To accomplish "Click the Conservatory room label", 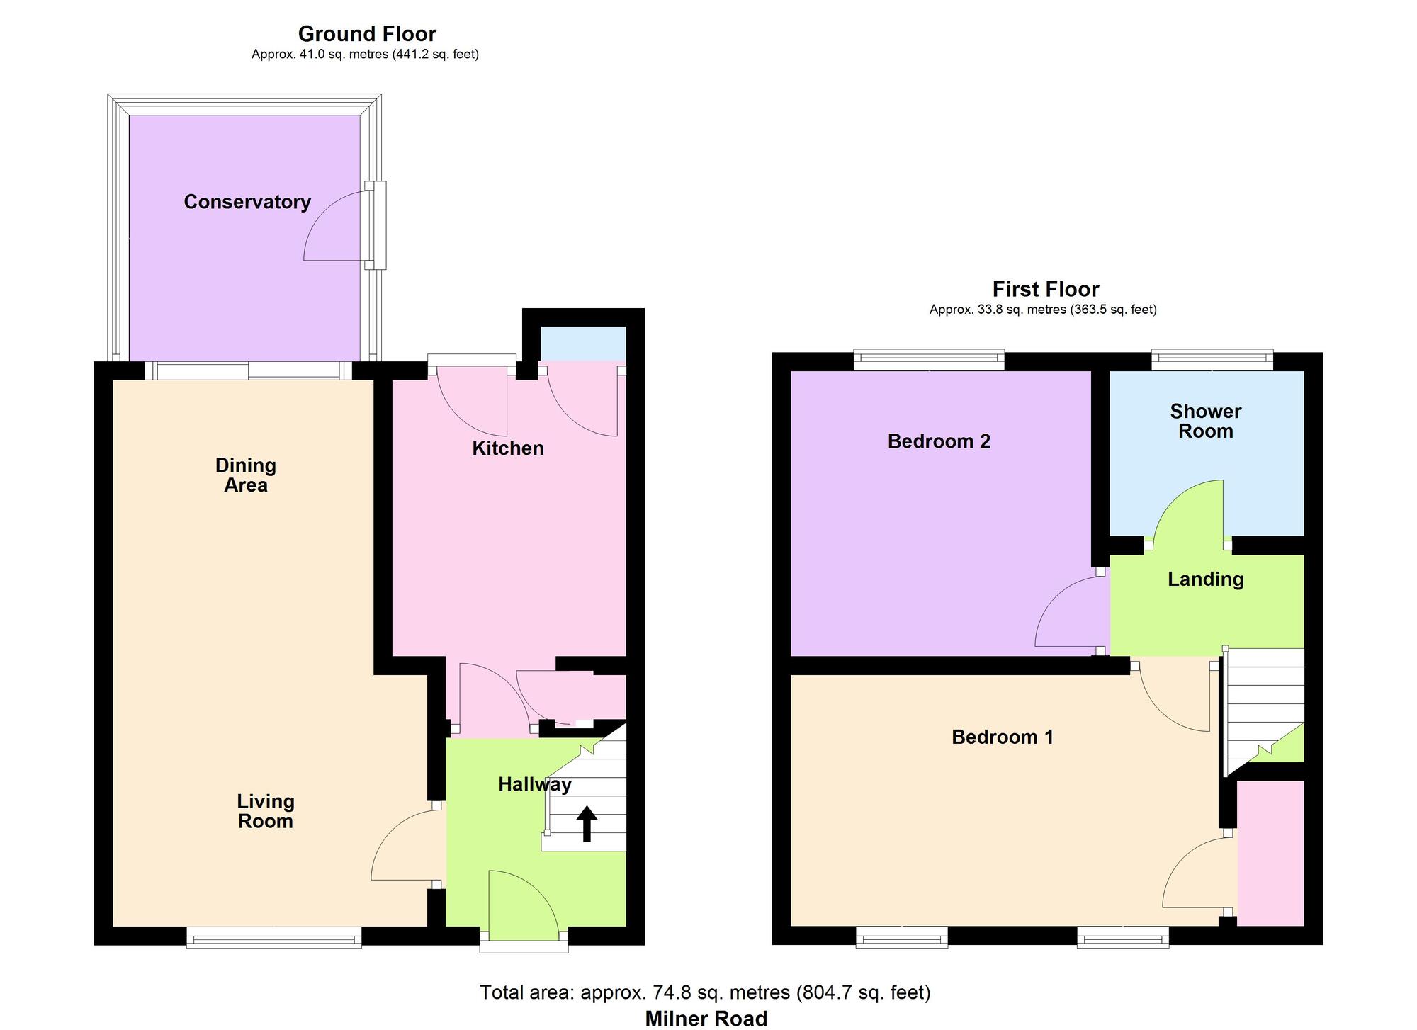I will (247, 203).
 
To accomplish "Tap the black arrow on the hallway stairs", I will (586, 825).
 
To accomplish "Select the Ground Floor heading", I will (366, 34).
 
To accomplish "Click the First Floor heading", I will (1045, 289).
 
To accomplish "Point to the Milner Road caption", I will (706, 1019).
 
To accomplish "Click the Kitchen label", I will (508, 448).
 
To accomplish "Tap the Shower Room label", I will (1205, 421).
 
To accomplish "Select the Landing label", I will (1205, 579).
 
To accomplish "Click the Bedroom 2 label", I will (939, 442).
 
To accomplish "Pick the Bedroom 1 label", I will (1002, 737).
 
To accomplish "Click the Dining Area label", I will (245, 475).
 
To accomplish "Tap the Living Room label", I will (265, 811).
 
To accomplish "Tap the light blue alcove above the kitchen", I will (583, 344).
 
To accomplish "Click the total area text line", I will (705, 992).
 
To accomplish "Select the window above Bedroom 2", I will (929, 360).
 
